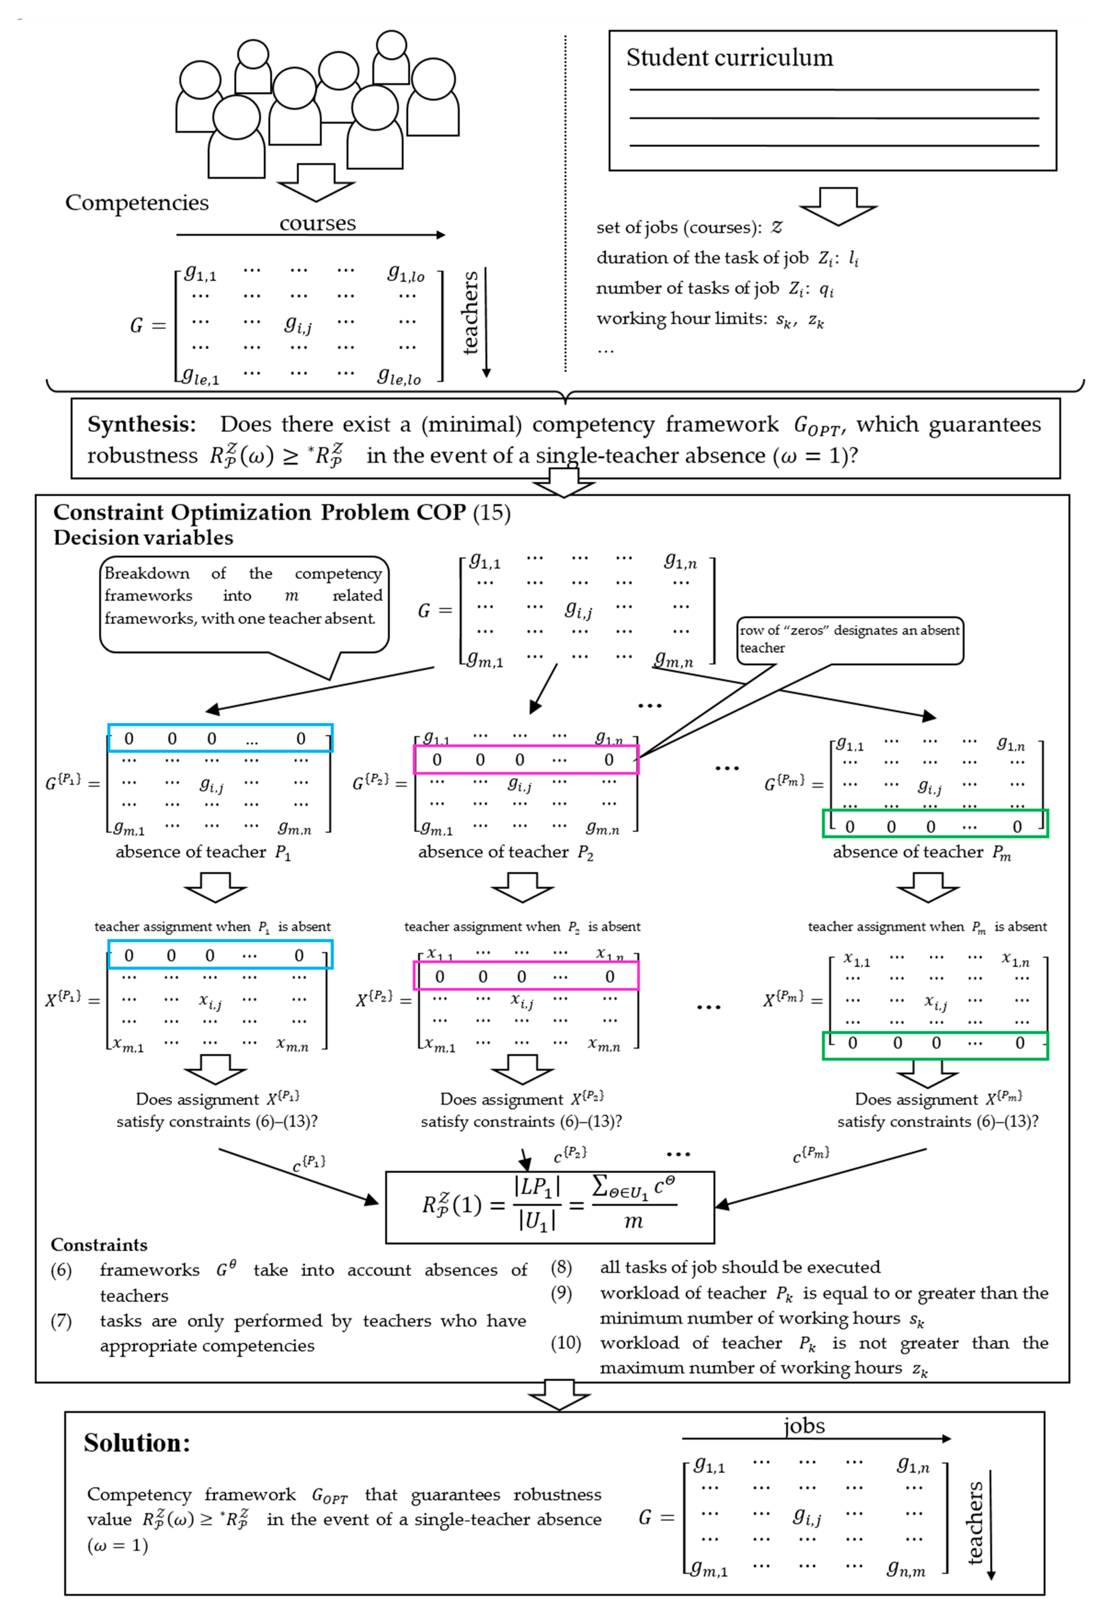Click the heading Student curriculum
pos(729,58)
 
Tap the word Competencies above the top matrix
pos(137,203)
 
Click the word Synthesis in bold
pos(142,424)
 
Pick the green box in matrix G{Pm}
pos(934,824)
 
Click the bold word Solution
pos(137,1443)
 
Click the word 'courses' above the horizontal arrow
pos(317,224)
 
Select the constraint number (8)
pos(561,1267)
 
